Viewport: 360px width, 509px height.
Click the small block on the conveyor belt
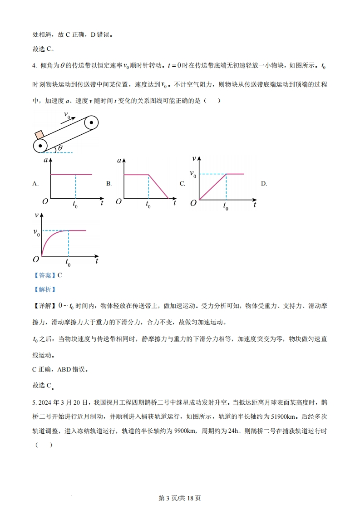39,135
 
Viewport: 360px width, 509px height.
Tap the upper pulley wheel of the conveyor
91,122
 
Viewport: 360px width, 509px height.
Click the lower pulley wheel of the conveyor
41,145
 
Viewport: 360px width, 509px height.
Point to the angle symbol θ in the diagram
60,148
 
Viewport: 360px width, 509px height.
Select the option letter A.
35,184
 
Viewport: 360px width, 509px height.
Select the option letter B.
109,184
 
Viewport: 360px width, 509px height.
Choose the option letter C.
182,184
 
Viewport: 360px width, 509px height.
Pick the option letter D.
264,184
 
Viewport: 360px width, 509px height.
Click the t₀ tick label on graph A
75,205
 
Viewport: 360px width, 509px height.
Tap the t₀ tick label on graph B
148,205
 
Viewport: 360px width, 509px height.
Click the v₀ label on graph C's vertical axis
193,174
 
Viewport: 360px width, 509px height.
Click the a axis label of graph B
119,161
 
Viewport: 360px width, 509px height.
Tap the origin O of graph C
193,204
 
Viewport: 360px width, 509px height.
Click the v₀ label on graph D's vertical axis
36,232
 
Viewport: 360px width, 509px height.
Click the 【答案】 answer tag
44,275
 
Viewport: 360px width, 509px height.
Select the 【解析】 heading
44,289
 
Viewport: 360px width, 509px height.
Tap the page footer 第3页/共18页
180,498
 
